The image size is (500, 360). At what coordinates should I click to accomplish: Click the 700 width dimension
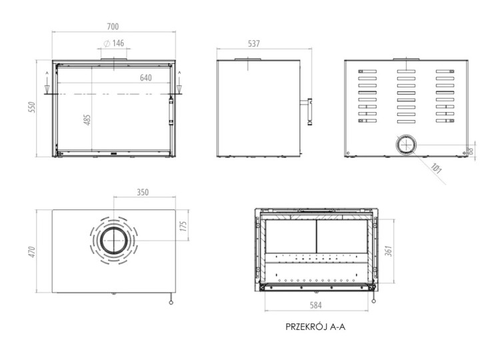click(x=113, y=27)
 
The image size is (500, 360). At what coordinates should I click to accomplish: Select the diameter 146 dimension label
click(x=114, y=44)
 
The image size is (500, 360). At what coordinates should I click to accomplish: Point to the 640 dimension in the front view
click(x=146, y=78)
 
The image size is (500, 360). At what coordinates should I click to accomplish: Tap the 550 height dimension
click(x=31, y=108)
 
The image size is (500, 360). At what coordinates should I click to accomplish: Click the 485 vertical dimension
click(x=87, y=121)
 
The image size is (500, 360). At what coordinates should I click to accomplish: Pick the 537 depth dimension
click(x=253, y=44)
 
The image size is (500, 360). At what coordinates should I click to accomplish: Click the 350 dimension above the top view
click(x=142, y=192)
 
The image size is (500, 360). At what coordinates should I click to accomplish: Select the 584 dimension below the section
click(x=317, y=307)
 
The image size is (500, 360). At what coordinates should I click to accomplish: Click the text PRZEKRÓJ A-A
click(x=316, y=327)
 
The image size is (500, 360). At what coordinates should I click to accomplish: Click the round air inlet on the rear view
click(x=405, y=145)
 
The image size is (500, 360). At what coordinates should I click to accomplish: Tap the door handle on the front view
click(x=171, y=110)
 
